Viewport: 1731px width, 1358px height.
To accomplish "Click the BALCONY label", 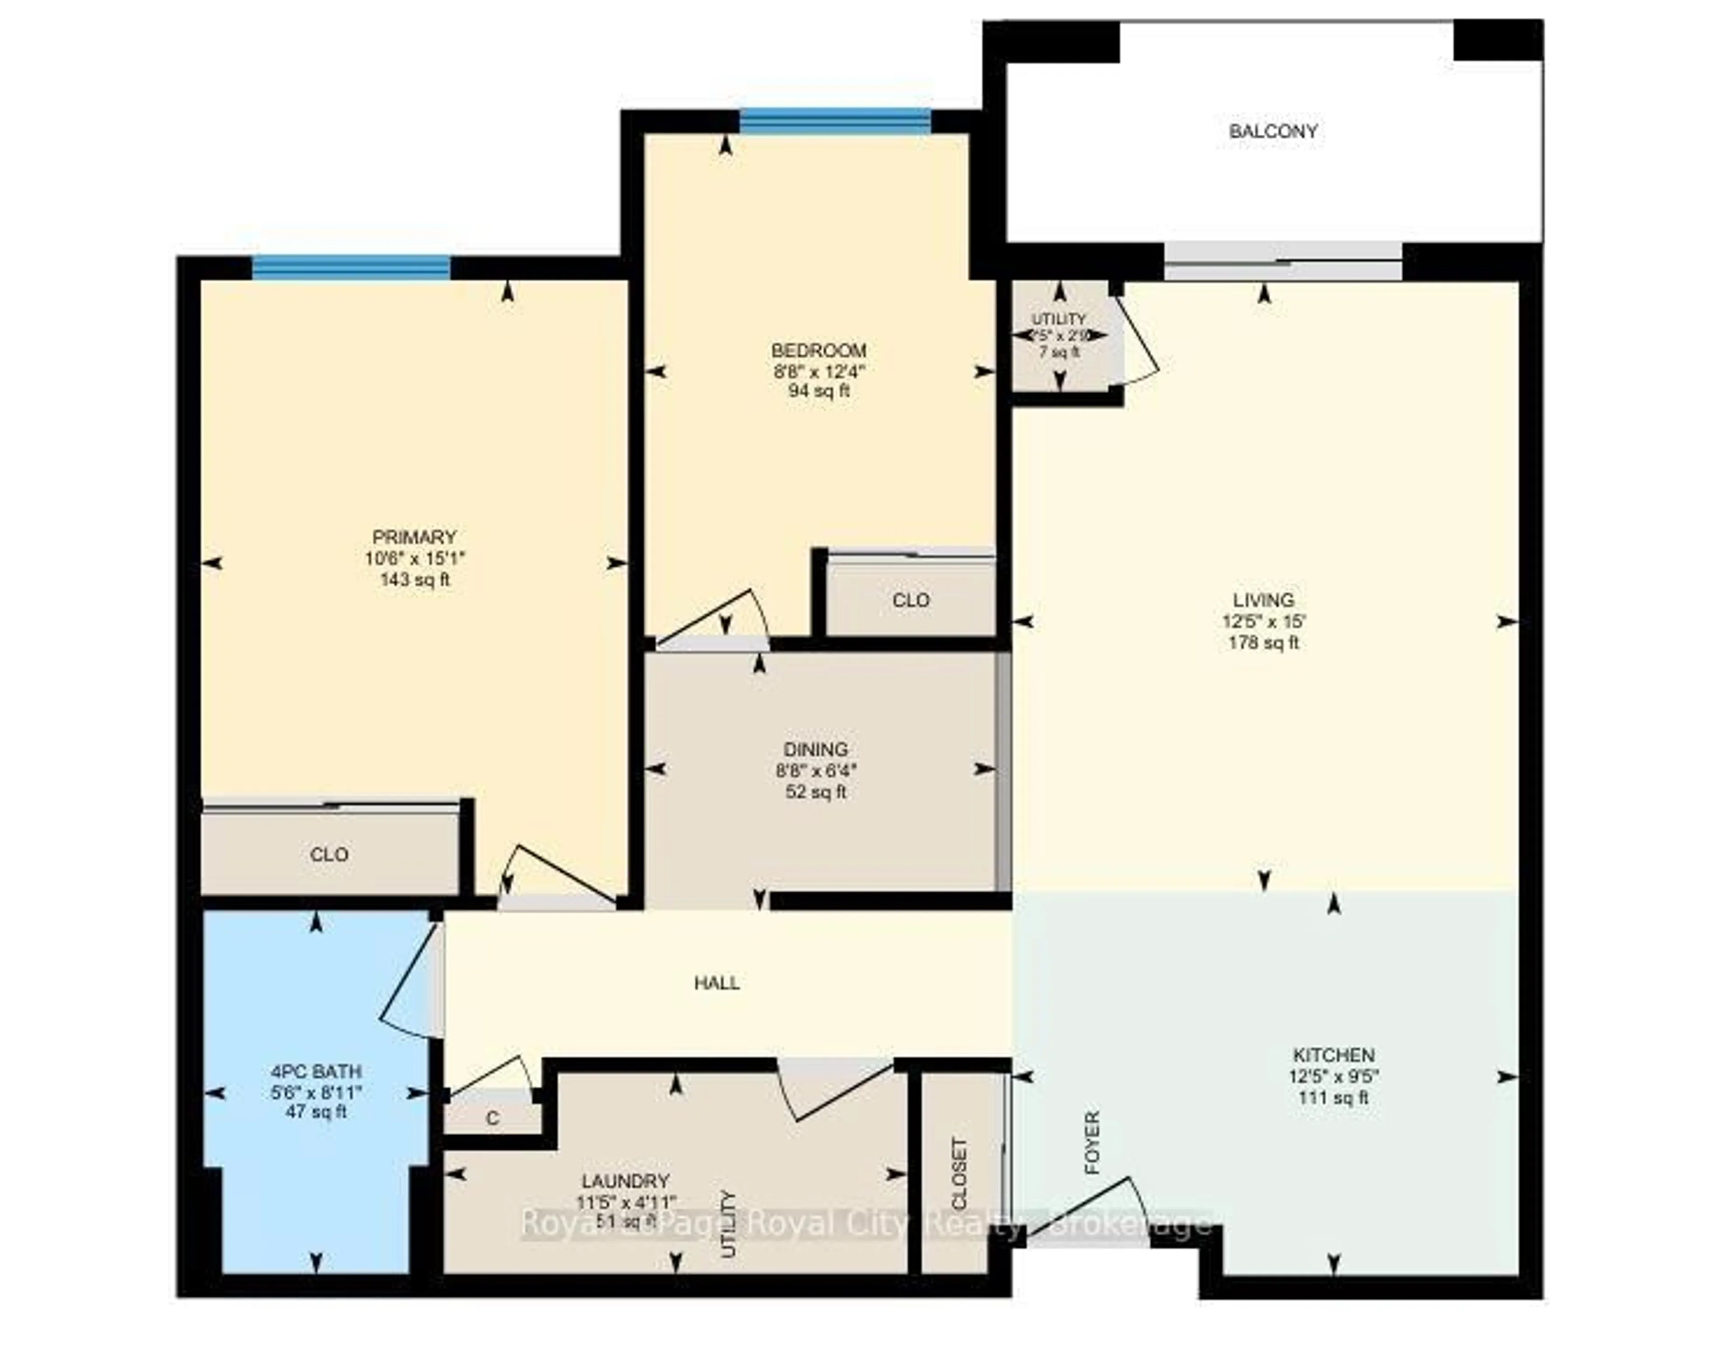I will (x=1273, y=131).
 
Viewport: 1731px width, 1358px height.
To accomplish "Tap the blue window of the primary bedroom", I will (x=351, y=267).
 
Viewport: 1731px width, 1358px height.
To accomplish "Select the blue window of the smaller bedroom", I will (x=834, y=121).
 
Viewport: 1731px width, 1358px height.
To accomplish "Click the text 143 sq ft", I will (x=415, y=580).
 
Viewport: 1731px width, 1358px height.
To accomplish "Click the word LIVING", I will (x=1264, y=600).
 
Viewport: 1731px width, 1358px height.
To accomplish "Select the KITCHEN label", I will (x=1333, y=1055).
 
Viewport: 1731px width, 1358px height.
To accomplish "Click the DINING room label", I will (x=815, y=749).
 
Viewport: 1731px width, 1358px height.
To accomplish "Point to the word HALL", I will (x=717, y=983).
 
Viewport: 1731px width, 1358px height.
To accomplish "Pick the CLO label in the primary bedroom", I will (x=329, y=855).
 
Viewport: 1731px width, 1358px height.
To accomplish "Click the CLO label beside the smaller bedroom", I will (x=910, y=600).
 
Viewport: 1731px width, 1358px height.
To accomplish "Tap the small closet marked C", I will (x=492, y=1119).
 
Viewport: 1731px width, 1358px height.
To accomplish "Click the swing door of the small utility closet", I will (x=1138, y=342).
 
